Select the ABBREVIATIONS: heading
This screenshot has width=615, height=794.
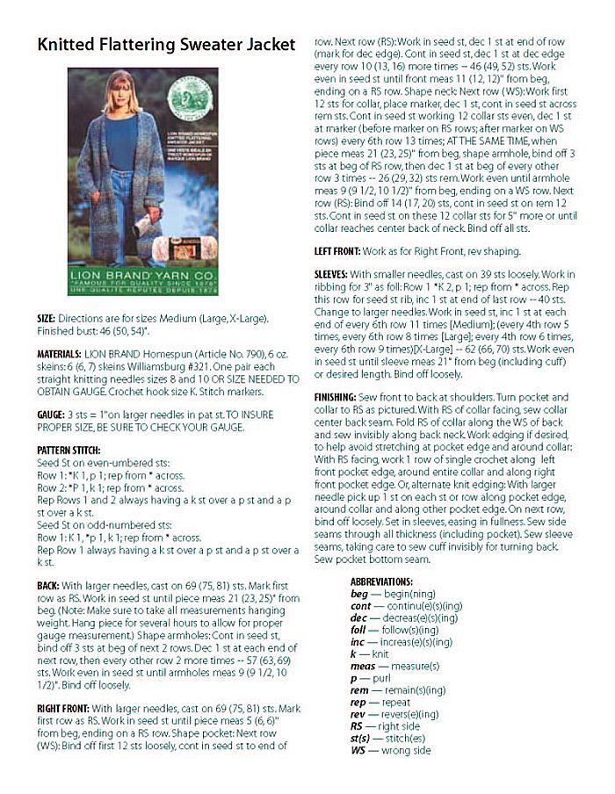click(381, 581)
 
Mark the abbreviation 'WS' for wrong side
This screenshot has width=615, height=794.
click(358, 751)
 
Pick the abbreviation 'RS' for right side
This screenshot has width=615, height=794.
click(358, 726)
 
